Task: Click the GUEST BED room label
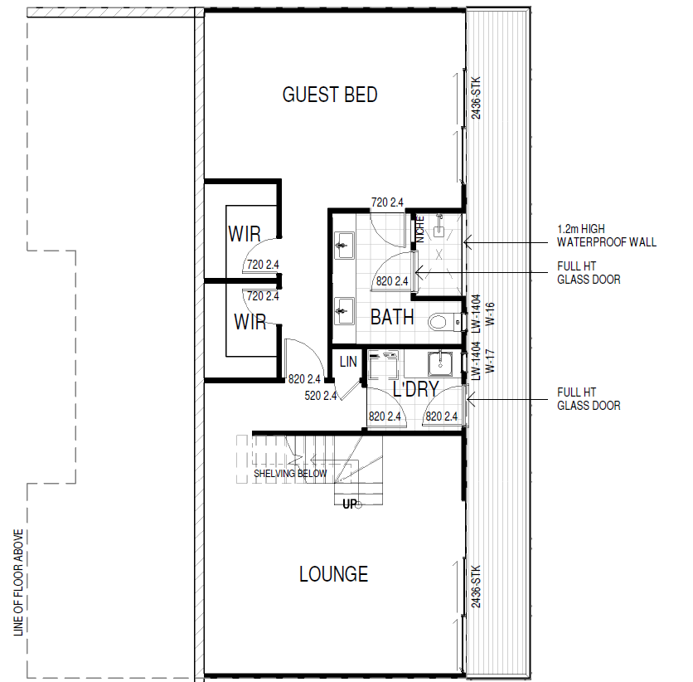coord(330,95)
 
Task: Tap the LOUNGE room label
coord(334,574)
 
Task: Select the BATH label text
coord(392,317)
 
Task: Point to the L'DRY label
coord(415,389)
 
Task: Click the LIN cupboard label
coord(348,362)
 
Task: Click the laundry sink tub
coord(439,364)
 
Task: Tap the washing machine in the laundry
coord(383,365)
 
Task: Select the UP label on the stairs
coord(350,504)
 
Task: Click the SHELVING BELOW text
coord(290,474)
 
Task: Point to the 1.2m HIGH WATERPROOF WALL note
coord(607,236)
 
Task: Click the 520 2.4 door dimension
coord(321,396)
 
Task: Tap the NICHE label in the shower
coord(420,229)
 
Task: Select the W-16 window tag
coord(490,314)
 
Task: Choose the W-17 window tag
coord(490,362)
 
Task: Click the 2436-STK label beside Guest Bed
coord(476,98)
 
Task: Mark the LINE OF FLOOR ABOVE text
coord(18,583)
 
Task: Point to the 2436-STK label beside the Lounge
coord(476,587)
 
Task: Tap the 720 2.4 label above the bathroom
coord(387,202)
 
